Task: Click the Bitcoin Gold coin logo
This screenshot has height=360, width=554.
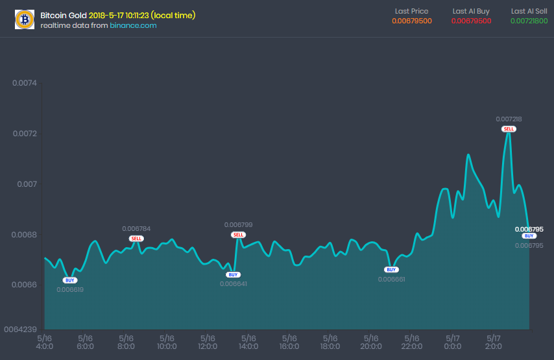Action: (25, 19)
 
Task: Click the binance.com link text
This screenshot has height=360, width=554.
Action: (133, 25)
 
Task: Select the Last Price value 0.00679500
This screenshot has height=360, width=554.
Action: (412, 21)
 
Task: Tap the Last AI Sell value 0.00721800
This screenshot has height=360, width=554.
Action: (529, 21)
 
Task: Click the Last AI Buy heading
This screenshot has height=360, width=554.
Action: (472, 11)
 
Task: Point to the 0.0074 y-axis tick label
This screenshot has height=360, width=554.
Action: (25, 83)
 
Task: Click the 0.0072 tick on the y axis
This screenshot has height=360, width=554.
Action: (25, 134)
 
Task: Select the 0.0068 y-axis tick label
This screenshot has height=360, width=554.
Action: (25, 234)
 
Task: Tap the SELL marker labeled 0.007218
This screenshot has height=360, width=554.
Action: (509, 129)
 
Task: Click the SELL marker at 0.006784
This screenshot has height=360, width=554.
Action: (136, 239)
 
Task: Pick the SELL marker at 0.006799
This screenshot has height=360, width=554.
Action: (238, 235)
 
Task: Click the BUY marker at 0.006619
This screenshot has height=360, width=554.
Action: (69, 280)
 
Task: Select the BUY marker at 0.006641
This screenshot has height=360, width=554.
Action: (234, 274)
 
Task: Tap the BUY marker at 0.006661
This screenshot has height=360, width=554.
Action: (391, 269)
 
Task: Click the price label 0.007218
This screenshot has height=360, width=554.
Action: (509, 119)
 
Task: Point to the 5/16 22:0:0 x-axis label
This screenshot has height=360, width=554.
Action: (411, 342)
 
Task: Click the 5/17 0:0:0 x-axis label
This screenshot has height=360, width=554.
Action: (452, 342)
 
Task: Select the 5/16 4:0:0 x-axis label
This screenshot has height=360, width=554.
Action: (45, 342)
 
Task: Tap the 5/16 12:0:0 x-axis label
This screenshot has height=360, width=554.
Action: (208, 342)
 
